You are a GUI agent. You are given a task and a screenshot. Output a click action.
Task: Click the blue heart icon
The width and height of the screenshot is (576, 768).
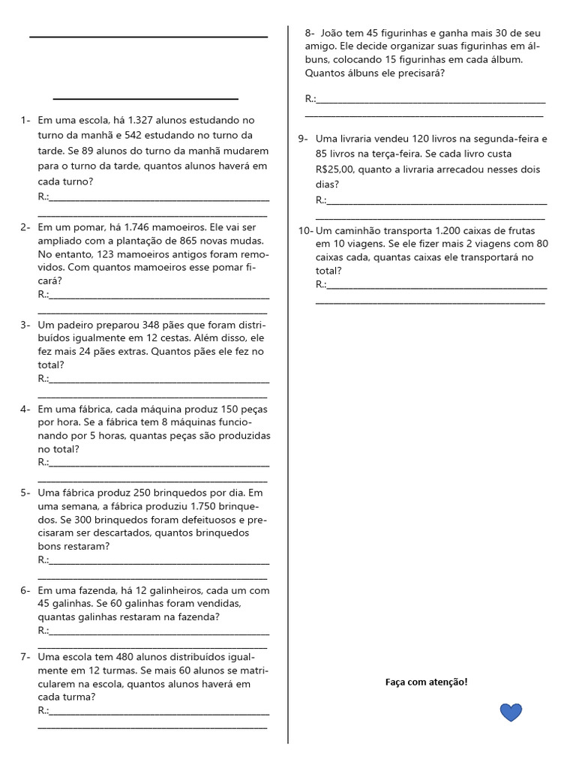coord(511,712)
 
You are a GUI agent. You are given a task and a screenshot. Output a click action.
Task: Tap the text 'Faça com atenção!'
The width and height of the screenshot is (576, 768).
coord(426,682)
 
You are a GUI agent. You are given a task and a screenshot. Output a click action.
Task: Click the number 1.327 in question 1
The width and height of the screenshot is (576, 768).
coord(144,120)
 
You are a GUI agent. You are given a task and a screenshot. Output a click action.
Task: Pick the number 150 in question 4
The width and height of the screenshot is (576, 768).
coord(220,409)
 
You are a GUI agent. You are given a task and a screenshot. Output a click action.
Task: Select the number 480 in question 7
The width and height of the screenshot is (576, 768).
coord(130,656)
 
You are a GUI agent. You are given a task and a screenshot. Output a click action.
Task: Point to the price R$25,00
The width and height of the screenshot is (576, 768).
coord(335,169)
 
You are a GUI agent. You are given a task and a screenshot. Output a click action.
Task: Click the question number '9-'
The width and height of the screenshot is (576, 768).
coord(303,139)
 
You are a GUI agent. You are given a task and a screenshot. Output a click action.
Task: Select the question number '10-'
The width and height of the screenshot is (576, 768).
coord(305,230)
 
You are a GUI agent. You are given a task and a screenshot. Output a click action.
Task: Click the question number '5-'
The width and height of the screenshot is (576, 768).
coord(25,493)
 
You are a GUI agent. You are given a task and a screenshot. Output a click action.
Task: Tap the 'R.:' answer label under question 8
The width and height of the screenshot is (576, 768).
coord(310,99)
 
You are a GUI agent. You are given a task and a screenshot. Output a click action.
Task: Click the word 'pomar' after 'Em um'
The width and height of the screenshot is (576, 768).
coord(93,227)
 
